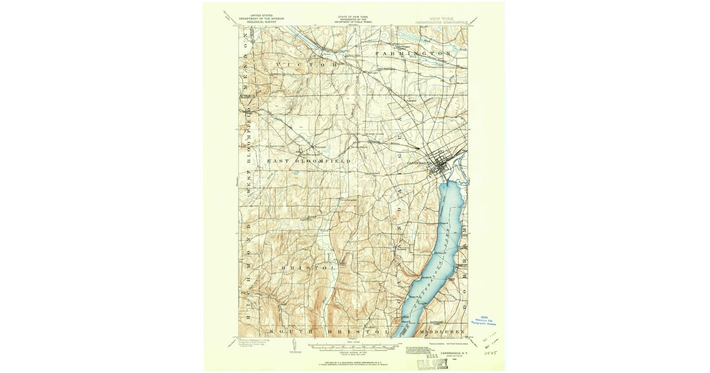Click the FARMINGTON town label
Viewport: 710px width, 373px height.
coord(414,53)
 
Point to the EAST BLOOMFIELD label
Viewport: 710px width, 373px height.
coord(308,161)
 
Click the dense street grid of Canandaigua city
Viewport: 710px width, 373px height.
coord(443,167)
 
